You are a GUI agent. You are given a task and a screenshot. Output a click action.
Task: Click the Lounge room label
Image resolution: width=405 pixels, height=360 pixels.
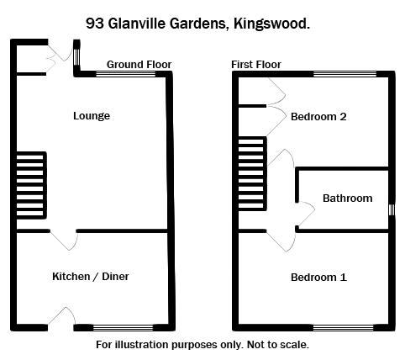click(x=92, y=116)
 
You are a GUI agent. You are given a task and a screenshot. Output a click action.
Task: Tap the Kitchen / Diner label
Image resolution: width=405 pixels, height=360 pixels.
click(x=91, y=277)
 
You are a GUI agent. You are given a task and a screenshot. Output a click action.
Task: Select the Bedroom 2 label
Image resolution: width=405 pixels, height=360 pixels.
click(x=318, y=117)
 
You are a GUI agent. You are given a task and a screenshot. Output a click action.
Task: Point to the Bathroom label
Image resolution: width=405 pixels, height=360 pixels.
click(x=348, y=199)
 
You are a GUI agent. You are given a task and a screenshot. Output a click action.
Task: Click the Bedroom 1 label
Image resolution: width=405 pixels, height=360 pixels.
click(x=318, y=278)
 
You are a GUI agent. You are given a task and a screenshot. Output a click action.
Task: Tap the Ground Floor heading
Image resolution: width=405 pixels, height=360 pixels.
click(x=139, y=65)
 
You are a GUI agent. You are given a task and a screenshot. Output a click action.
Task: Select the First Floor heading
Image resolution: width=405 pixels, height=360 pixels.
click(x=256, y=65)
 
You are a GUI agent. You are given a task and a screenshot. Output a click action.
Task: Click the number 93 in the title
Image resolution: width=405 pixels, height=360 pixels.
click(x=95, y=24)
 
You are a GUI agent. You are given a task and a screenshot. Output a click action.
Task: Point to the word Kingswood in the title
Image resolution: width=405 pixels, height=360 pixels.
click(x=271, y=24)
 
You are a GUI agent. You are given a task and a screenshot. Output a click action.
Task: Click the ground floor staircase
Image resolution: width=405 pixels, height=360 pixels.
click(x=31, y=185)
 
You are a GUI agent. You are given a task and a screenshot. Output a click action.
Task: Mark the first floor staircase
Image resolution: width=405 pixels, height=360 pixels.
click(x=252, y=173)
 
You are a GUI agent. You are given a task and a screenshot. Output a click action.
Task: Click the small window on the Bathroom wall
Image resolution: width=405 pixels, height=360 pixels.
click(x=392, y=209)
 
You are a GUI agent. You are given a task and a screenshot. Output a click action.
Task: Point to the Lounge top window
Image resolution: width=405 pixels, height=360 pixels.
click(x=126, y=74)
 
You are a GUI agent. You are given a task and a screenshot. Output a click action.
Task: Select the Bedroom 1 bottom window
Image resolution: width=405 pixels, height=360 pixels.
click(x=344, y=327)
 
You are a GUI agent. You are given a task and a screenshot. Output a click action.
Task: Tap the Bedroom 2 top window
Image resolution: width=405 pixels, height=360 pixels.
click(x=345, y=74)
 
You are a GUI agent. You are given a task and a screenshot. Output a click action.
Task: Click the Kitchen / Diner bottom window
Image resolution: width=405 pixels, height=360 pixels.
click(x=124, y=327)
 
